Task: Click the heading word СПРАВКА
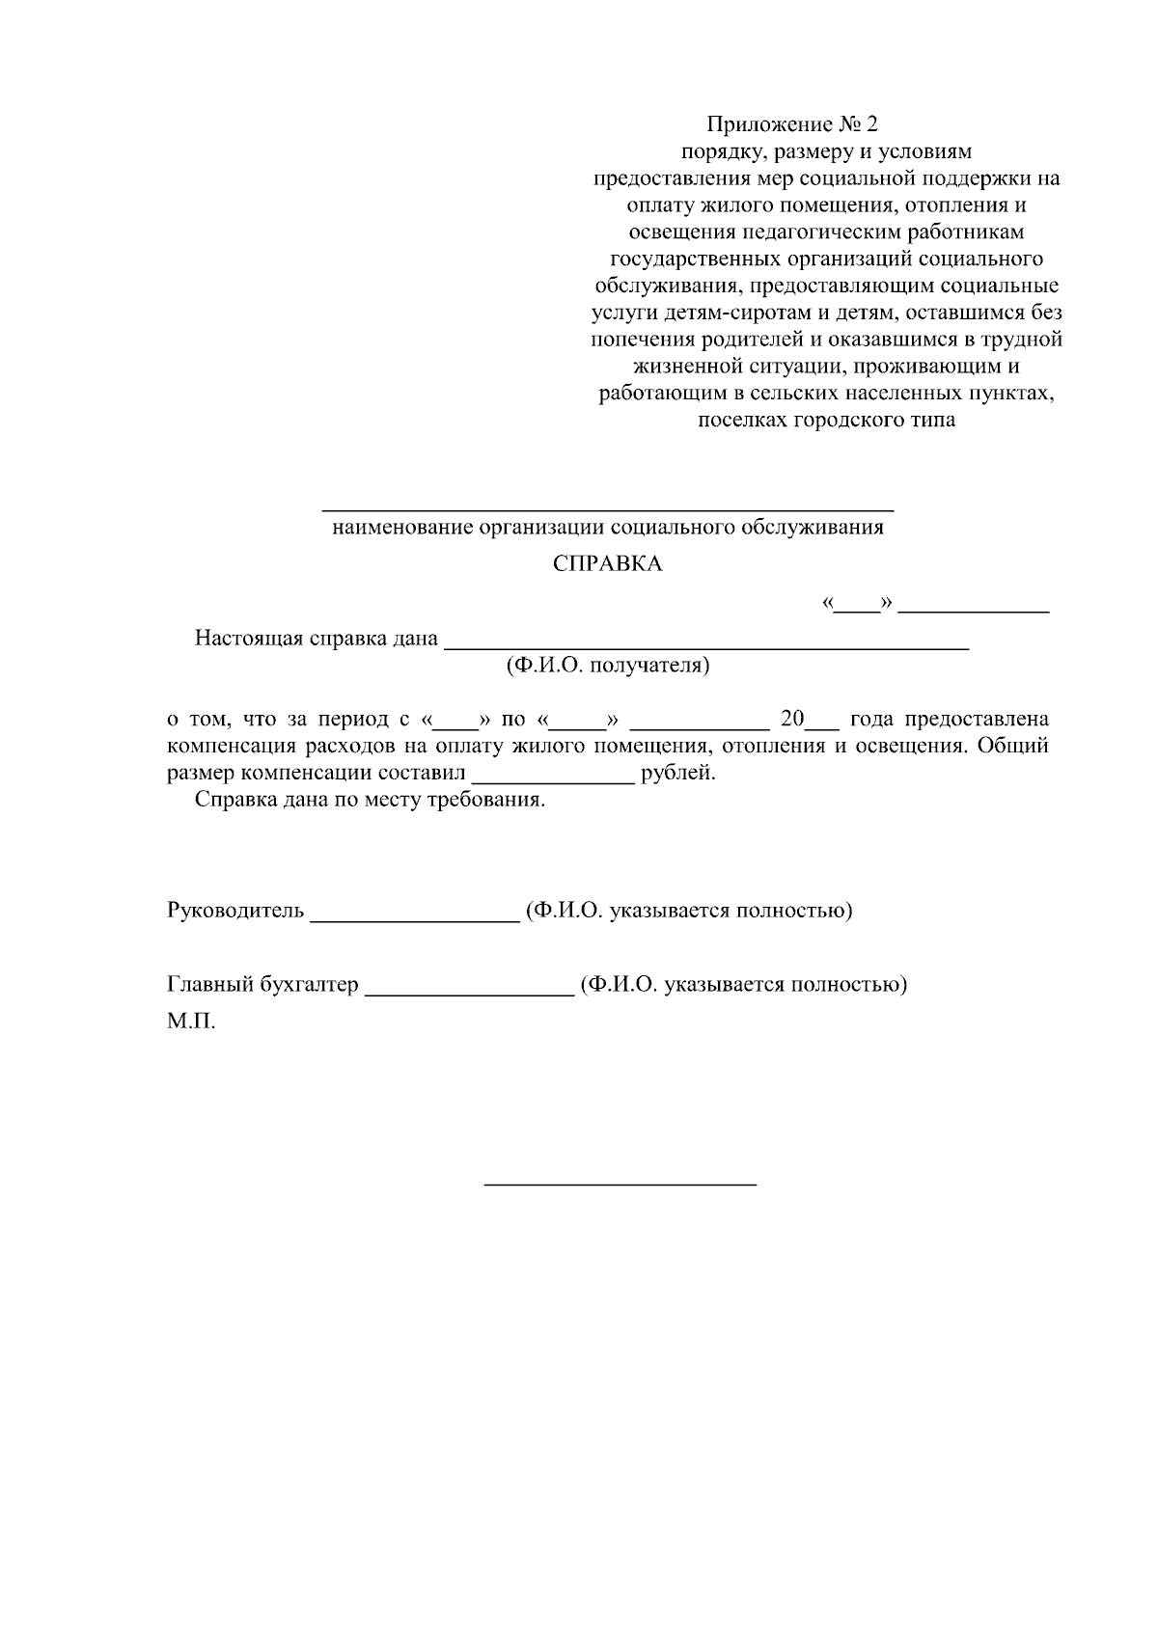pyautogui.click(x=607, y=564)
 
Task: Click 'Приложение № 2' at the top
pyautogui.click(x=793, y=124)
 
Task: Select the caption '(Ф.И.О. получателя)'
pyautogui.click(x=607, y=666)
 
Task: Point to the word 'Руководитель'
pyautogui.click(x=235, y=911)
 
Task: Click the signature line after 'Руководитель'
pyautogui.click(x=415, y=920)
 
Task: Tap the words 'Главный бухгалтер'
pyautogui.click(x=262, y=985)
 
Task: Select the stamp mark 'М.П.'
pyautogui.click(x=190, y=1022)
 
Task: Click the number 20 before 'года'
pyautogui.click(x=791, y=720)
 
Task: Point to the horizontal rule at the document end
pyautogui.click(x=620, y=1183)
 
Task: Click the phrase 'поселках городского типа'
pyautogui.click(x=826, y=421)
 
